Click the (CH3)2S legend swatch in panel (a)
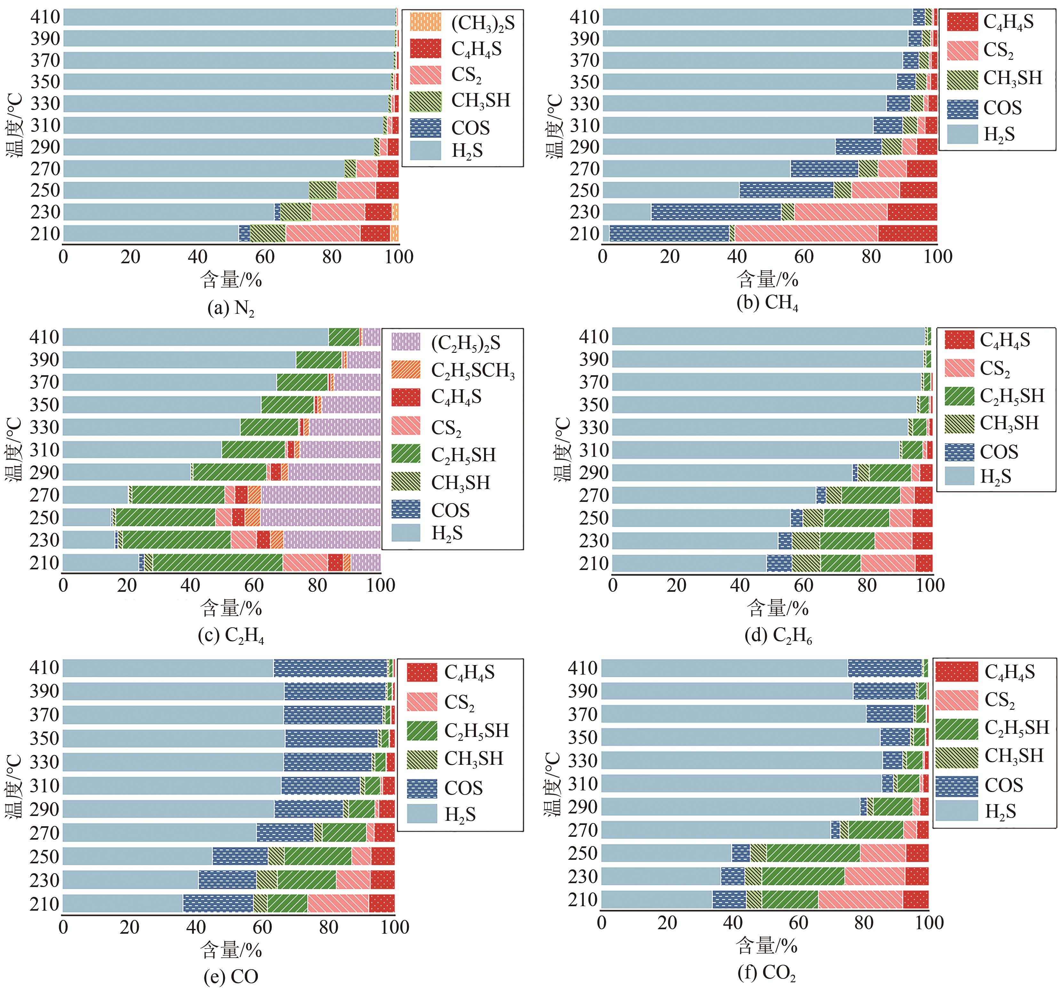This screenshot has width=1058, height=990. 426,22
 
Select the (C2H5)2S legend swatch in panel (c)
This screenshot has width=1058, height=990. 406,342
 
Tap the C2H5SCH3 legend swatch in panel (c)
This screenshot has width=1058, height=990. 406,369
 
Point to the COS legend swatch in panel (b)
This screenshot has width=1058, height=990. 962,108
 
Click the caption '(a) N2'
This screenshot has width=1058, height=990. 231,308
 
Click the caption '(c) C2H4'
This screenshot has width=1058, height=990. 231,635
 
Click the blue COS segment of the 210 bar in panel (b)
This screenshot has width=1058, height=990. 669,234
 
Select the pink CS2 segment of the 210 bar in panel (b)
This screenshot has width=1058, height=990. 806,234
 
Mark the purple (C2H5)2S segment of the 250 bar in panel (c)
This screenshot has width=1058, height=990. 320,517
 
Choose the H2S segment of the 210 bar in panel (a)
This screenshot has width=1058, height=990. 151,234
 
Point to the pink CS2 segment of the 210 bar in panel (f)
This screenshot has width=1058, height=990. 861,899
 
